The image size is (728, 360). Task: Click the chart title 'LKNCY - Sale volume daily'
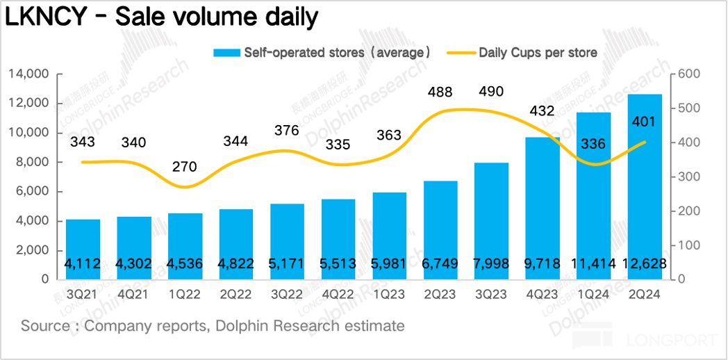point(162,18)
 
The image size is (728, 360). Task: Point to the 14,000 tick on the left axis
point(28,74)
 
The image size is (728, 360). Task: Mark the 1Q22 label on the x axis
point(184,295)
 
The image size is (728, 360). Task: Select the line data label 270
point(184,167)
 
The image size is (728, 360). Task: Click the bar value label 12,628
point(645,264)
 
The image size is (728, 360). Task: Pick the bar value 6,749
point(440,264)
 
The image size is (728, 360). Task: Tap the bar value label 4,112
point(83,264)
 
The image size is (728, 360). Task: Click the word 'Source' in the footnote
point(44,325)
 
